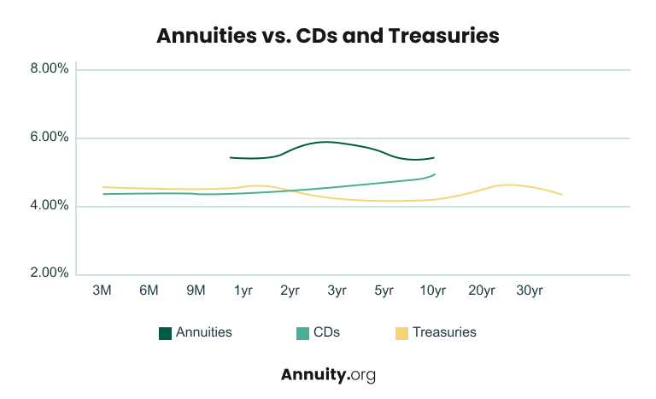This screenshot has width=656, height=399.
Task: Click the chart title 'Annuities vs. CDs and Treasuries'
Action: coord(328,36)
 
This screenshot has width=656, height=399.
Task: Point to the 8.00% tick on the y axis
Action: coord(49,69)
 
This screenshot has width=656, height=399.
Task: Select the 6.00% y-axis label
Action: coord(49,138)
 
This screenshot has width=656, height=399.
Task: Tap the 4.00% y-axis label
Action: coord(49,206)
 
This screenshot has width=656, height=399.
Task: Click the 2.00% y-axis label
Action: coord(49,273)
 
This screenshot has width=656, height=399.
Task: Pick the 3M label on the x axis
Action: coord(102,290)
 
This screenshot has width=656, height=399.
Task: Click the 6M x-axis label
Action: coord(149,290)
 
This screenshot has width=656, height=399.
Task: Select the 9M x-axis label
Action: coord(196,290)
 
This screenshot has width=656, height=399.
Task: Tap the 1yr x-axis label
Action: coord(243,290)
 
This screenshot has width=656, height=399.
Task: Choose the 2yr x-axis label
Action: coord(290,290)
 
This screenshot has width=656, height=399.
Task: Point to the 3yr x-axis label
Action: coord(337,290)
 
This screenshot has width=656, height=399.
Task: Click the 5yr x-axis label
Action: coord(384,290)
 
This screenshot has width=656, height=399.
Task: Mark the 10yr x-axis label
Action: coord(433,290)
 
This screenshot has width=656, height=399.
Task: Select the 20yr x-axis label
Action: coord(482,290)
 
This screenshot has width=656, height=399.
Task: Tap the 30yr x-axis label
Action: coord(530,290)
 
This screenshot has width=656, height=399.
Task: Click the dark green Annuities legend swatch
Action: coord(165,333)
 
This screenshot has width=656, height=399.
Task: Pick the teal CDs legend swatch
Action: coord(302,333)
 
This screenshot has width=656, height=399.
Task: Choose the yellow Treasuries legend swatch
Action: coord(401,333)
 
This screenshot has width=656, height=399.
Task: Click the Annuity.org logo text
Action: coord(328,374)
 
